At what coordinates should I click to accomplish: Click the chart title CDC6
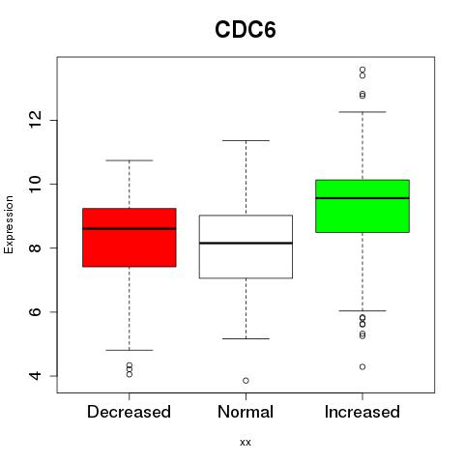[246, 30]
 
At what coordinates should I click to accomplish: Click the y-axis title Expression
[9, 224]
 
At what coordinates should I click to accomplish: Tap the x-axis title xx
[246, 442]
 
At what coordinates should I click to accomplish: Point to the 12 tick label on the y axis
[36, 120]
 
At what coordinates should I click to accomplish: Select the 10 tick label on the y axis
[36, 184]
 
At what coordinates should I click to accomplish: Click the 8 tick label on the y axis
[36, 247]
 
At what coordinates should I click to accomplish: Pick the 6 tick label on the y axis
[36, 311]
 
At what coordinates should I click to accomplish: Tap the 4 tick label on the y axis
[36, 376]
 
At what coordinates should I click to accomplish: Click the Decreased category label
[129, 412]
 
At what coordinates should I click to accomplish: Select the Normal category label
[246, 412]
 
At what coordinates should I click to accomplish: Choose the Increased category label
[362, 412]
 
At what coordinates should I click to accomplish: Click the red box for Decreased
[130, 238]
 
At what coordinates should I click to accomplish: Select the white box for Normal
[246, 246]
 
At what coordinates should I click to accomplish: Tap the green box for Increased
[362, 206]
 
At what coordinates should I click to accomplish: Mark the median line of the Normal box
[246, 243]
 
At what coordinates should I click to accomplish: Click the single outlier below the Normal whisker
[246, 381]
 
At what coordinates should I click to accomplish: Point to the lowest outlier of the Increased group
[362, 366]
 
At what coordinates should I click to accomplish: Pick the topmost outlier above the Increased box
[362, 70]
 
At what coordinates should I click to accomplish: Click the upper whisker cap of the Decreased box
[130, 160]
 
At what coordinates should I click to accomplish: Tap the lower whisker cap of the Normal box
[246, 338]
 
